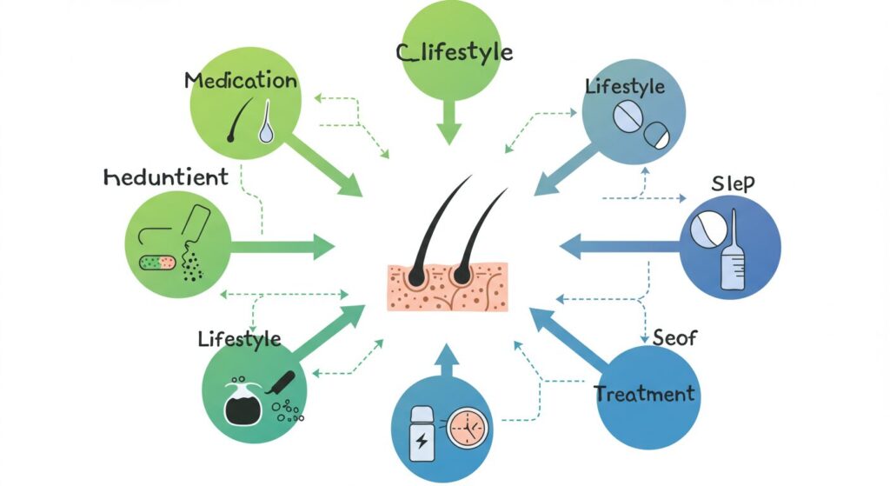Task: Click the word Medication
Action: (x=241, y=81)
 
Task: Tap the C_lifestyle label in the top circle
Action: (x=454, y=52)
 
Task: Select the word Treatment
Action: (x=645, y=394)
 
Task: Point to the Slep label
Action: (x=733, y=183)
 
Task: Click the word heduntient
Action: (x=165, y=177)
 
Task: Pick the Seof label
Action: (x=674, y=336)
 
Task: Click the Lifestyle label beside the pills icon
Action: (x=625, y=87)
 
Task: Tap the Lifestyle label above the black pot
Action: (x=239, y=338)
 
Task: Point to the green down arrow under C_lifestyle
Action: (x=448, y=119)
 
